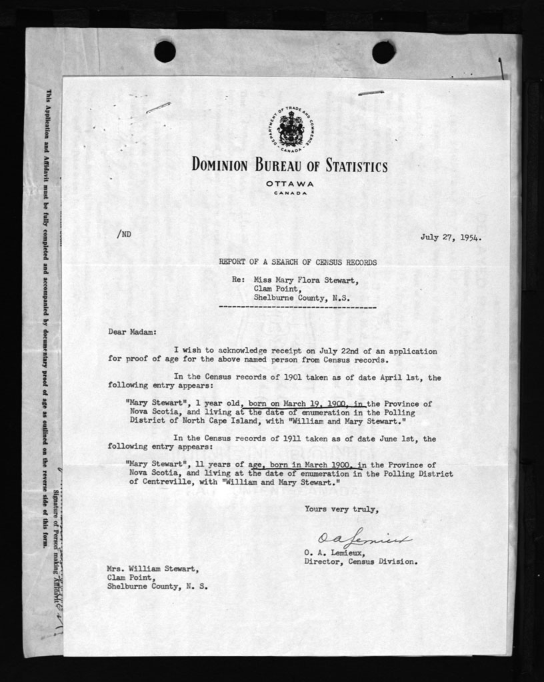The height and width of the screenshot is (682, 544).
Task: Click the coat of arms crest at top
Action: (291, 129)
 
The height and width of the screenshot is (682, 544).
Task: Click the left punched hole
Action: (165, 51)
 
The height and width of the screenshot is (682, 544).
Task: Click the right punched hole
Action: (383, 51)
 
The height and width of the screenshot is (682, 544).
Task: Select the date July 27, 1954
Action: (451, 236)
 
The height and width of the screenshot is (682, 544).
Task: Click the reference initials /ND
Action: (123, 234)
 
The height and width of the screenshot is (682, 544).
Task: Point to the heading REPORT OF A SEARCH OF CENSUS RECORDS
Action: (297, 263)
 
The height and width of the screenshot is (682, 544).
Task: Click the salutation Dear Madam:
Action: (131, 331)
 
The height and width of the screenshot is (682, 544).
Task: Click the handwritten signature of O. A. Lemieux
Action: (363, 539)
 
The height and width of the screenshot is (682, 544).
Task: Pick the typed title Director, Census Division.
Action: (361, 561)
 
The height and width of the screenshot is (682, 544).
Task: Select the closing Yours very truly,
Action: (342, 509)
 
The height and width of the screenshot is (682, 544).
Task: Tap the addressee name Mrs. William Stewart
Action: (153, 569)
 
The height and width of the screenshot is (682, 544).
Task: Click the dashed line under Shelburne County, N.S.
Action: (297, 308)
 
